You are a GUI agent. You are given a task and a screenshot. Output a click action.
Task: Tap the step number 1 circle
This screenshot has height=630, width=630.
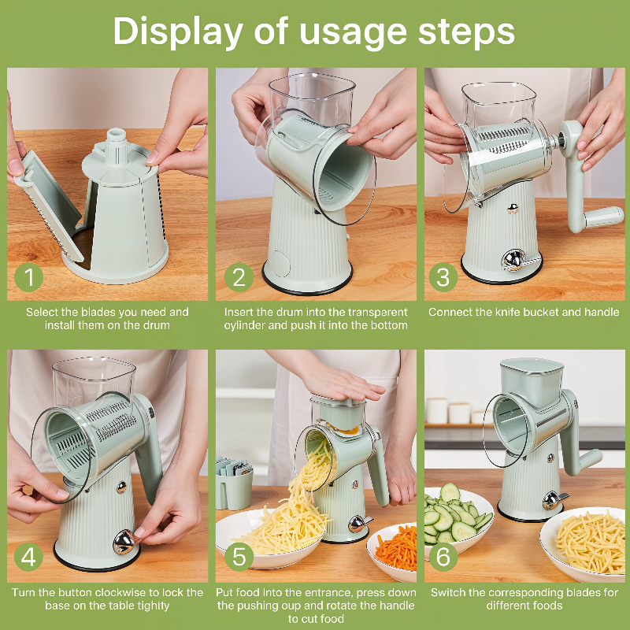click(29, 277)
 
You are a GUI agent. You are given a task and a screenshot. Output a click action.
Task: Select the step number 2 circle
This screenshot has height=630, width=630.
click(238, 277)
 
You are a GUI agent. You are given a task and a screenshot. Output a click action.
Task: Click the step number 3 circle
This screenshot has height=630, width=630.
click(443, 277)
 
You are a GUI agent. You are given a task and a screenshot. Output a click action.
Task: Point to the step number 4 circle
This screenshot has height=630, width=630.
click(29, 558)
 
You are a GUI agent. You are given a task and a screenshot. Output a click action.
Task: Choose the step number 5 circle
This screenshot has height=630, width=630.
click(238, 558)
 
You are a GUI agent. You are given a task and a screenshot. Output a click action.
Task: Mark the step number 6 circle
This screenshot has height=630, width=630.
click(443, 558)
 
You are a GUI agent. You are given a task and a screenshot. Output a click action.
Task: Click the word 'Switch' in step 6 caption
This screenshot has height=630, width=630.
click(450, 592)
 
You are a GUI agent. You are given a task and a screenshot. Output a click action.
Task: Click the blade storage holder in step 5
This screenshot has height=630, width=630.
click(233, 484)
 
